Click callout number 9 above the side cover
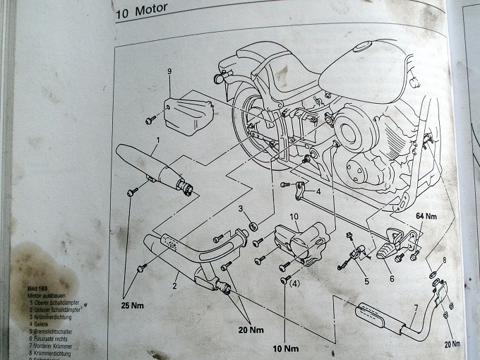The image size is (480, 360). [170, 72]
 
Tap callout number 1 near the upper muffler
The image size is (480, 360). [157, 140]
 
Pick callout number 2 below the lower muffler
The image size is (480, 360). [174, 286]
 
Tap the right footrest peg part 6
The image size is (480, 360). [394, 245]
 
